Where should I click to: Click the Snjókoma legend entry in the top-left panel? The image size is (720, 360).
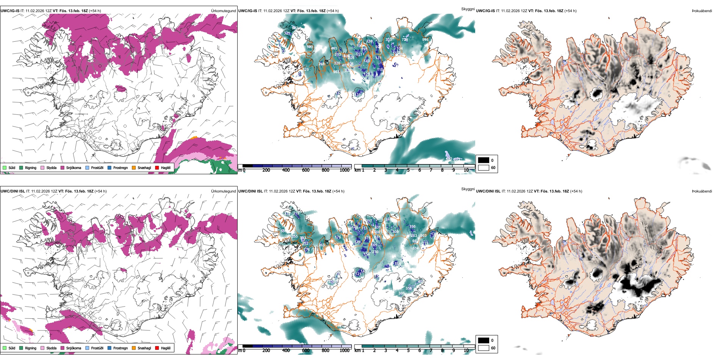74,167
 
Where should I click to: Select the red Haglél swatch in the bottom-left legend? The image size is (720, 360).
157,348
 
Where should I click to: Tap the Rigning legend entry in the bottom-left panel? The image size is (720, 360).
30,348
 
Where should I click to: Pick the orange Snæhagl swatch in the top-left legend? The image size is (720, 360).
134,167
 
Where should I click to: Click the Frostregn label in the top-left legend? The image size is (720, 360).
120,167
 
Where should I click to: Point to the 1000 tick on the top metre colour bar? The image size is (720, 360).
344,170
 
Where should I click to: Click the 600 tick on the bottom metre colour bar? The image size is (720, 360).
305,351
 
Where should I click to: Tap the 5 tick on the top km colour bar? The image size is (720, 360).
409,170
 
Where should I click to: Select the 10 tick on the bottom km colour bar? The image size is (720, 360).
466,351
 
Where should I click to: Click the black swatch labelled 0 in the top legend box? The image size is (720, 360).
484,160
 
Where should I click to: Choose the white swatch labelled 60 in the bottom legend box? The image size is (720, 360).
484,348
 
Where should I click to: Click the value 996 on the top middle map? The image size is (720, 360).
425,40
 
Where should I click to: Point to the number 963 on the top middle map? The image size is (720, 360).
336,72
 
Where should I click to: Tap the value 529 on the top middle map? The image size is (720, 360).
306,70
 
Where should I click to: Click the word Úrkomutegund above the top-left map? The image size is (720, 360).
223,11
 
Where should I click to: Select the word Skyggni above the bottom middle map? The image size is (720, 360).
468,189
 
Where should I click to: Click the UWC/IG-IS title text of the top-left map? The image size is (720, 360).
10,11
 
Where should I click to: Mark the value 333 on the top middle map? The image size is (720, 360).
388,40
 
